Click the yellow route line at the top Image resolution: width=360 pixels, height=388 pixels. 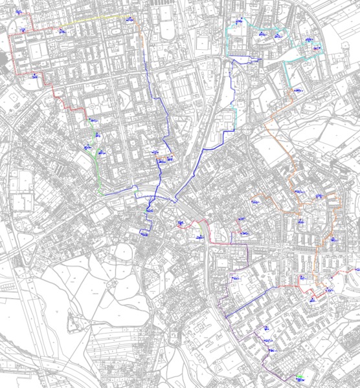click(97, 20)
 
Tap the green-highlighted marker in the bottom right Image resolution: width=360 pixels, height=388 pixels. click(299, 376)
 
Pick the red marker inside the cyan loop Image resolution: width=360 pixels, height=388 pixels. click(315, 48)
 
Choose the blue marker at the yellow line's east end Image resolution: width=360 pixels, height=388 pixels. click(131, 19)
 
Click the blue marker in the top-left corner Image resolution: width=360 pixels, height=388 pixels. click(18, 12)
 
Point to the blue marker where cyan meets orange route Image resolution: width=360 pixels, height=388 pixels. click(297, 91)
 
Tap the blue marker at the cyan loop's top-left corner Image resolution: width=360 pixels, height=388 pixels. click(239, 21)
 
